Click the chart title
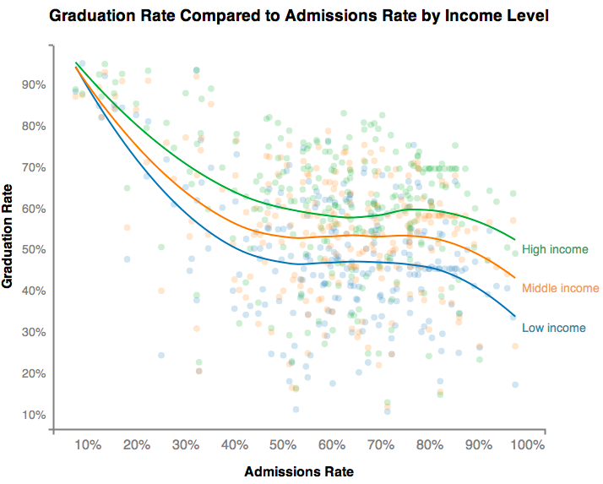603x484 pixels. [x=299, y=15]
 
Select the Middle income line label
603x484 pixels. [x=560, y=288]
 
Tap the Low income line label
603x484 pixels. [x=553, y=328]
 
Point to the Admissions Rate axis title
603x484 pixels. [x=298, y=470]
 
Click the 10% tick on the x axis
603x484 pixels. [x=88, y=445]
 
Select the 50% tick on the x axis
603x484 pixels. [x=284, y=445]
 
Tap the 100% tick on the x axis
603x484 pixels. [x=528, y=445]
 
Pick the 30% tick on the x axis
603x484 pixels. [x=186, y=445]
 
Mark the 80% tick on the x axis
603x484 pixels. [x=430, y=445]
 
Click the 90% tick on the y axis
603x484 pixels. [x=34, y=84]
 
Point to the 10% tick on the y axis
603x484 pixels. [x=34, y=415]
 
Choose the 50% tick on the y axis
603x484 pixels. [x=34, y=250]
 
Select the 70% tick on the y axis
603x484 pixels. [x=34, y=167]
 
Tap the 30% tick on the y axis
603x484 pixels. [x=34, y=332]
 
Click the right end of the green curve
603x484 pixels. [x=514, y=239]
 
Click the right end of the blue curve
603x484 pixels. [x=514, y=317]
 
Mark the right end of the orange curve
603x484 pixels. [x=514, y=277]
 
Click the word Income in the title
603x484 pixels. [x=475, y=15]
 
